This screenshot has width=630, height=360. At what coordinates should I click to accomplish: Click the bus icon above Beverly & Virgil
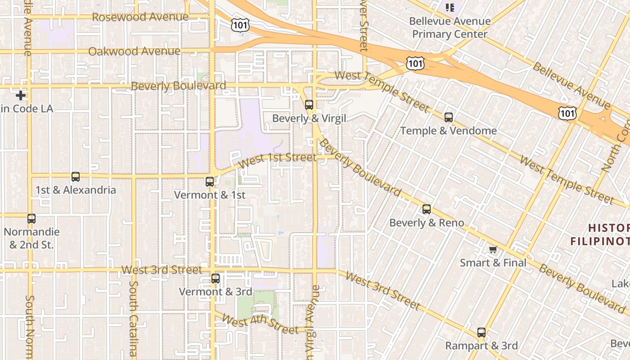tap(309, 105)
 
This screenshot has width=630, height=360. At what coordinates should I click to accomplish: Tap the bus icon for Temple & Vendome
tap(449, 117)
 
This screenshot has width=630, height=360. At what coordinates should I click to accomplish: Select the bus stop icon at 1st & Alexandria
tap(76, 177)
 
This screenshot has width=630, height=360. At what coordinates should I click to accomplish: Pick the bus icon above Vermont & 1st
tap(210, 182)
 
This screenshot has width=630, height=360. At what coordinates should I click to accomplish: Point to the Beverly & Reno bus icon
tap(427, 209)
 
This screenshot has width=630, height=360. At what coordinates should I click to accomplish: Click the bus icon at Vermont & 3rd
tap(216, 279)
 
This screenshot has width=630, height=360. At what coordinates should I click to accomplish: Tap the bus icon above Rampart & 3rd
tap(481, 333)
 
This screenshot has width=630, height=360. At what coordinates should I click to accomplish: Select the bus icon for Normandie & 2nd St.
tap(31, 219)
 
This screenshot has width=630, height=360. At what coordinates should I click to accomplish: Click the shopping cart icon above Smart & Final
tap(493, 249)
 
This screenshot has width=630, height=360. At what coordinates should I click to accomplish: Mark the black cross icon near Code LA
tap(21, 95)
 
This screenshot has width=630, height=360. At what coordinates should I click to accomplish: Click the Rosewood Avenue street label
tap(140, 17)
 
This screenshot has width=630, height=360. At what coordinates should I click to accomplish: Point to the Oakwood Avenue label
tap(134, 51)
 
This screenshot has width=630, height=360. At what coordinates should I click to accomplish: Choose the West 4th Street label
tap(260, 325)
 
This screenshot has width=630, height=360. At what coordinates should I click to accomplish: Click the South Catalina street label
tap(134, 319)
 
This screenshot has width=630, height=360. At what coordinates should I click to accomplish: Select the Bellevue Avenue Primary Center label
tap(450, 27)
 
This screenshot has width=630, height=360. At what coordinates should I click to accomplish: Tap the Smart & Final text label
tap(493, 263)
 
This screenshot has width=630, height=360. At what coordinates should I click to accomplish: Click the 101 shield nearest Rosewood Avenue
tap(240, 25)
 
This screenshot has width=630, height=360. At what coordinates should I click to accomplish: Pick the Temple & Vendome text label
tap(448, 131)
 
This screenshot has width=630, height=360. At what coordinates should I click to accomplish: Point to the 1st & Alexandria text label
tap(76, 190)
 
